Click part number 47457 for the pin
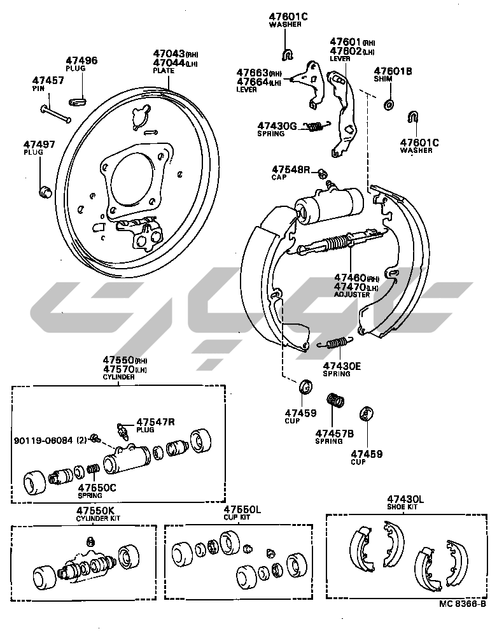tap(48, 80)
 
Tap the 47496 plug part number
tap(82, 61)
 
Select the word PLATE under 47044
tap(164, 71)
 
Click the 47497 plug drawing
tap(45, 190)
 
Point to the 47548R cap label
tap(291, 169)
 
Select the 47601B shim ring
tap(388, 103)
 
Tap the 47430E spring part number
tap(342, 366)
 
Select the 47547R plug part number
tap(153, 422)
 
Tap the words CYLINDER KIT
tap(98, 518)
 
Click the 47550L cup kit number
tap(242, 511)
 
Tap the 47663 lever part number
tap(252, 73)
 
